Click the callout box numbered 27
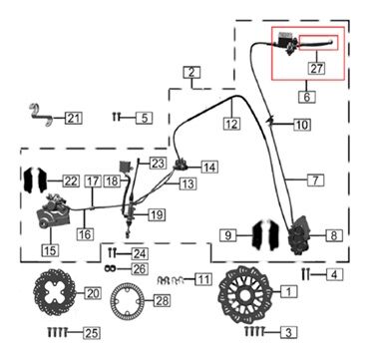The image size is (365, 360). click(x=316, y=69)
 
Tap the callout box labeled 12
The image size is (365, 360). click(x=231, y=125)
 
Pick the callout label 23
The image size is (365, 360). click(x=157, y=163)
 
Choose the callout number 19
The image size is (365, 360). click(x=157, y=214)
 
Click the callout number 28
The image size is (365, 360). click(x=161, y=300)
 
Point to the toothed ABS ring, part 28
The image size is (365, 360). click(x=128, y=300)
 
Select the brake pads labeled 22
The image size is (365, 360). click(x=35, y=180)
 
